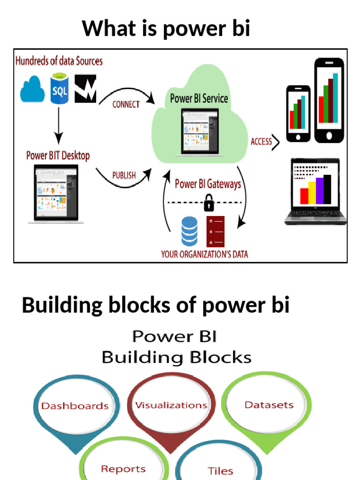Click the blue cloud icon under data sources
pyautogui.click(x=32, y=90)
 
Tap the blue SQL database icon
pyautogui.click(x=60, y=90)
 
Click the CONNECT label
pyautogui.click(x=126, y=105)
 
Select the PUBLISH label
pyautogui.click(x=124, y=175)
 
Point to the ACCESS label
pyautogui.click(x=261, y=142)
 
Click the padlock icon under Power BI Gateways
pyautogui.click(x=208, y=204)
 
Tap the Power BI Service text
pyautogui.click(x=199, y=98)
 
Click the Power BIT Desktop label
pyautogui.click(x=58, y=155)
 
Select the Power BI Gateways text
pyautogui.click(x=208, y=184)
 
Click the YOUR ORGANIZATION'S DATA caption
pyautogui.click(x=204, y=255)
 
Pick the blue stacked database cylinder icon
pyautogui.click(x=189, y=231)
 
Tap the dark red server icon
pyautogui.click(x=215, y=231)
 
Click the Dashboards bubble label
pyautogui.click(x=75, y=406)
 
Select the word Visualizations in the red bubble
pyautogui.click(x=171, y=405)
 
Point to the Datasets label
pyautogui.click(x=269, y=405)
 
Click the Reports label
pyautogui.click(x=123, y=469)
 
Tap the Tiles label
pyautogui.click(x=220, y=471)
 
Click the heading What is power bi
pyautogui.click(x=166, y=29)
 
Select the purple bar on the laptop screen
pyautogui.click(x=320, y=191)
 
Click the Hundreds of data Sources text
pyautogui.click(x=59, y=61)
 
